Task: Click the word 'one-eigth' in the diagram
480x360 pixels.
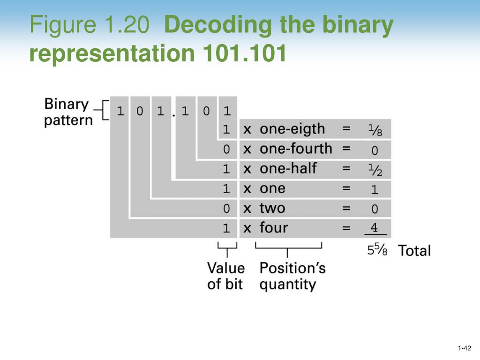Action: point(292,129)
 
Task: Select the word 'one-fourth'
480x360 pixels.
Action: point(296,149)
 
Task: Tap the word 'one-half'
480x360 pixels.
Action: point(288,168)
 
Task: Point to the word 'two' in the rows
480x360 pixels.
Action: point(272,208)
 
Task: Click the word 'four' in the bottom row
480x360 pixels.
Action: point(274,228)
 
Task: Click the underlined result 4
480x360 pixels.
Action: point(374,228)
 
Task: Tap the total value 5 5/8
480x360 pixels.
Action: point(377,250)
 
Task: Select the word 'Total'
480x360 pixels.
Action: point(414,251)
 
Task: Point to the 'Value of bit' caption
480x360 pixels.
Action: point(226,276)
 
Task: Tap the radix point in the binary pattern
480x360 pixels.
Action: point(173,115)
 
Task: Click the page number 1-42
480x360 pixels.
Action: point(465,348)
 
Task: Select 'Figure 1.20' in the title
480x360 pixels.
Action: point(89,26)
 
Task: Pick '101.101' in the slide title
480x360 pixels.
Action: point(245,54)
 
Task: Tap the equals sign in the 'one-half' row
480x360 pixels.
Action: point(346,168)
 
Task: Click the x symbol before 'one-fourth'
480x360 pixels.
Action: point(247,149)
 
